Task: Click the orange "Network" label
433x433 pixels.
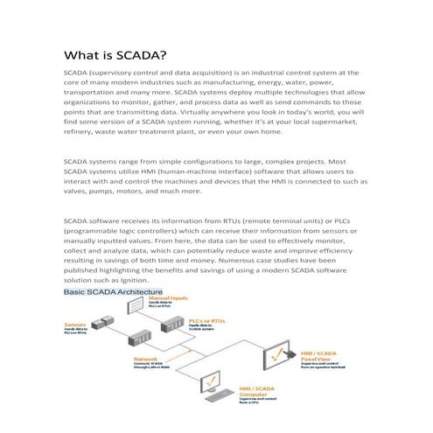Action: click(x=145, y=358)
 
